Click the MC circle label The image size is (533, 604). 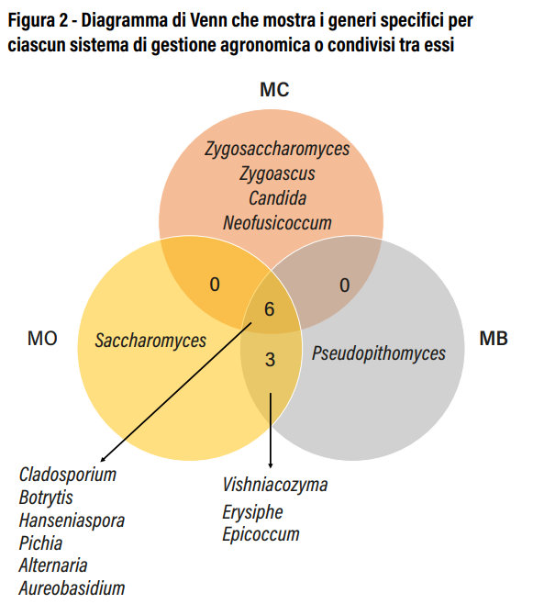[274, 90]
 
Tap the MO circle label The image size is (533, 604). [42, 339]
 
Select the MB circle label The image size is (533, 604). [494, 339]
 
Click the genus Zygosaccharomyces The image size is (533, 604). [277, 149]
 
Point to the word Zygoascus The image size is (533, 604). [277, 173]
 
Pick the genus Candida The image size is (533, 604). [277, 198]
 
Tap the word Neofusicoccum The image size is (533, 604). [277, 223]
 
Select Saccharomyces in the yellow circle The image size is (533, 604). [150, 341]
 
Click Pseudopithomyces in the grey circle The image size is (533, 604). [378, 353]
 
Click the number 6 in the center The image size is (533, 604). [270, 309]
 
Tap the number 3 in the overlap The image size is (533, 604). [270, 360]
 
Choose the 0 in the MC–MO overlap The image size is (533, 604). [215, 285]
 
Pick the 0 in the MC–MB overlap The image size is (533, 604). [345, 285]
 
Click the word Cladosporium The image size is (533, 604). [68, 475]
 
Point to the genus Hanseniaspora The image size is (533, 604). [72, 520]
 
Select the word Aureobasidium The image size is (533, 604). [72, 588]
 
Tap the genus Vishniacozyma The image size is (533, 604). [275, 485]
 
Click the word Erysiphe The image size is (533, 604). [252, 512]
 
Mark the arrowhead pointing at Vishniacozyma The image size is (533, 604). [271, 465]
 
